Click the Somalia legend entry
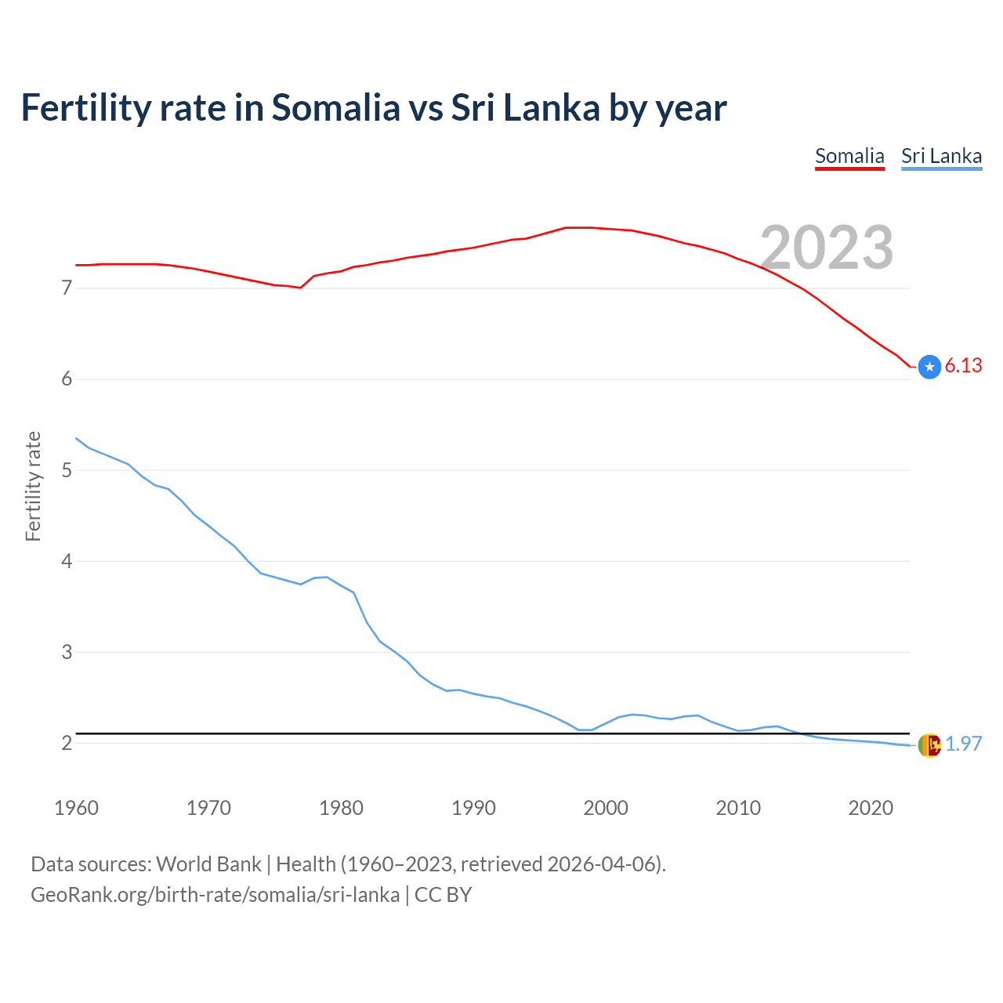(849, 156)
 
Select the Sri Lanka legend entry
(941, 156)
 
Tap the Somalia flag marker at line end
(929, 367)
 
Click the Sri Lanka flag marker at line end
(929, 745)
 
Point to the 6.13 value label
(963, 366)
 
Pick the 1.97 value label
(963, 744)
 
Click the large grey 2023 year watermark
(827, 248)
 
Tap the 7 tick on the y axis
(67, 288)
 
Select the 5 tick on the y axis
(67, 470)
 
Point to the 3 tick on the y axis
(67, 652)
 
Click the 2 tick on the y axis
(67, 743)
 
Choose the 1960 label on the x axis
(76, 808)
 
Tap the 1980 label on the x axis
(341, 808)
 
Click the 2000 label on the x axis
(606, 808)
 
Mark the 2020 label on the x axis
(871, 808)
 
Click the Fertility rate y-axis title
(33, 486)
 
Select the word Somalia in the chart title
(335, 107)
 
